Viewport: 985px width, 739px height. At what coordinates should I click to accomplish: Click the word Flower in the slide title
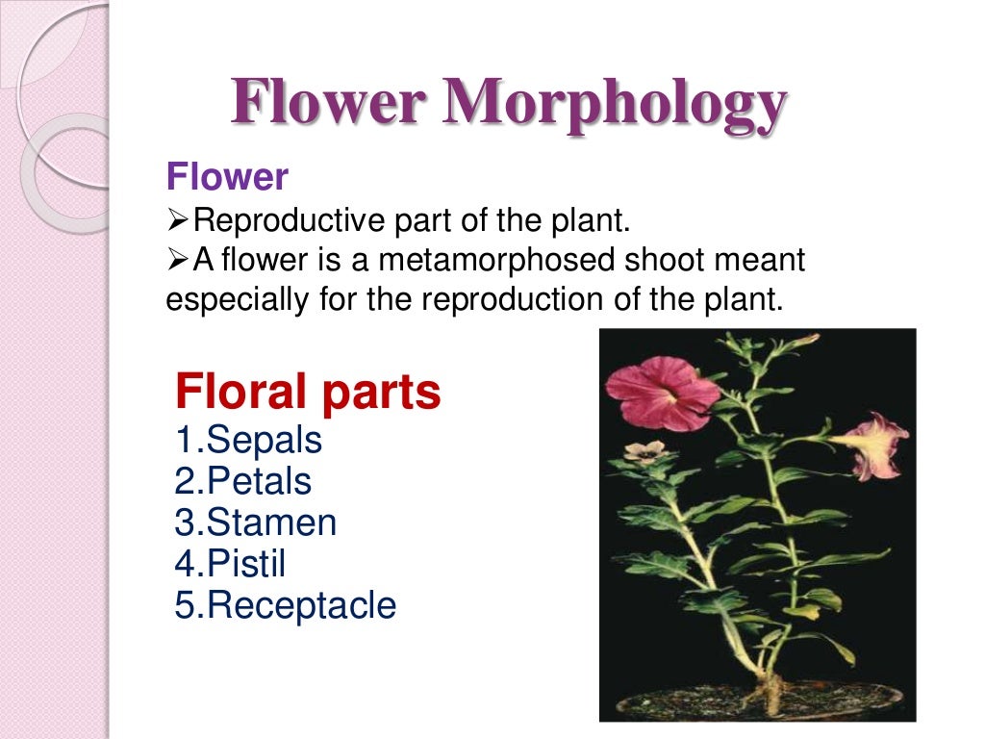click(327, 103)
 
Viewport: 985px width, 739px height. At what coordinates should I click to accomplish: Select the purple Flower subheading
click(227, 177)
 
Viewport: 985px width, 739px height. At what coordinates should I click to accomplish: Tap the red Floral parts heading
click(308, 392)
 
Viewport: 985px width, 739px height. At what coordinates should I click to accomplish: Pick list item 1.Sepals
click(248, 441)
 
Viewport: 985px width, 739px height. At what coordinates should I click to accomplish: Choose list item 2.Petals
click(243, 481)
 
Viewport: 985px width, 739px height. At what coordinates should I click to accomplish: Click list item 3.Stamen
click(256, 522)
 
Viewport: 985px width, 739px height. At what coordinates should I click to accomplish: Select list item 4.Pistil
click(230, 563)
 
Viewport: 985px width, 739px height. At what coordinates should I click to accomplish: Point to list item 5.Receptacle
click(285, 604)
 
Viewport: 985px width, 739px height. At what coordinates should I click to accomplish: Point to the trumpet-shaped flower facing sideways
click(870, 445)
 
